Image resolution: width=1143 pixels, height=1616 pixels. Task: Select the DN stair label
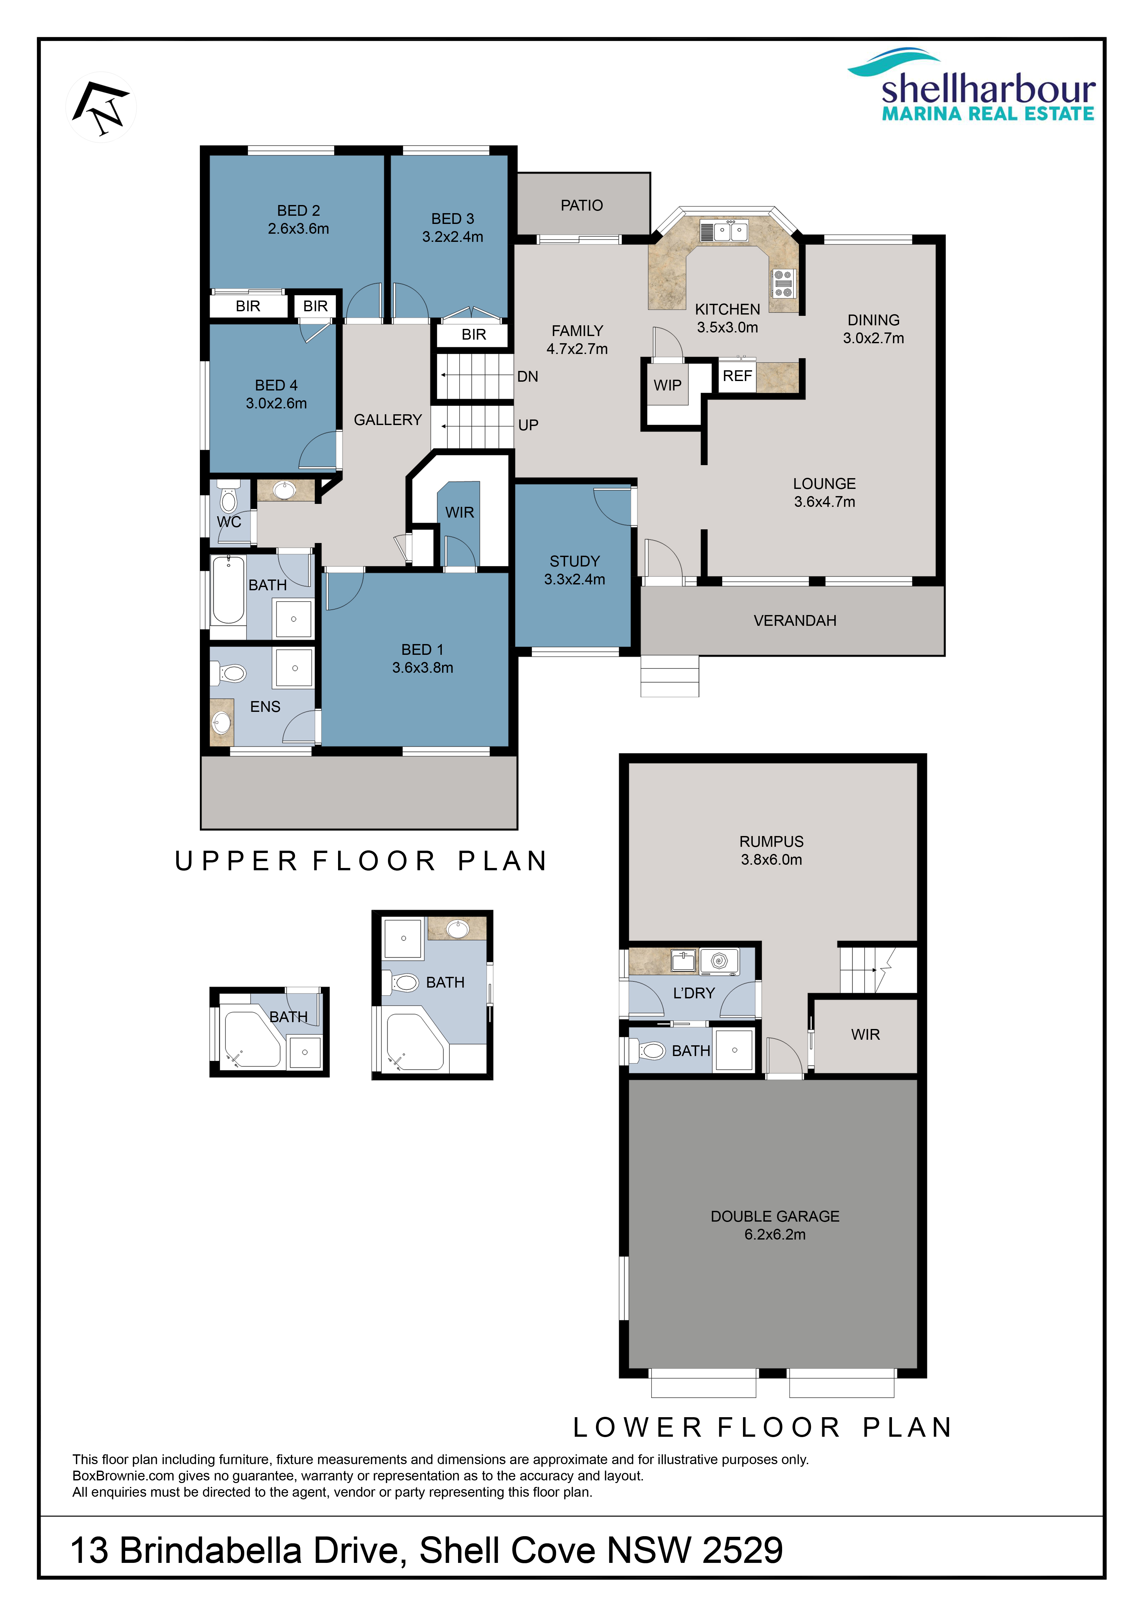pos(528,376)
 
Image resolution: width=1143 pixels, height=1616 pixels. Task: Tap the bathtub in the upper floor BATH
pos(229,590)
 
